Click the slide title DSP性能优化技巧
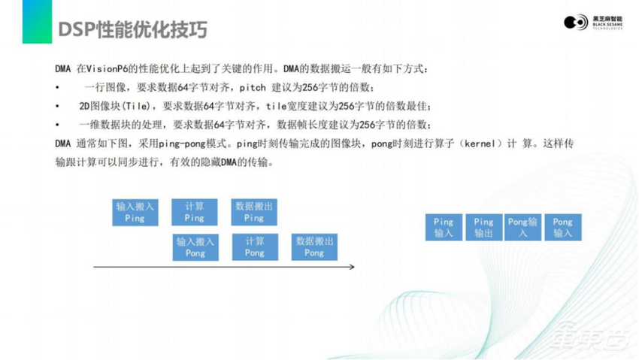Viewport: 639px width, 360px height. pos(132,29)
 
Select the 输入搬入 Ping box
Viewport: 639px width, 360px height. pos(135,212)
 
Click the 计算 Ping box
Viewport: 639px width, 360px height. pos(194,212)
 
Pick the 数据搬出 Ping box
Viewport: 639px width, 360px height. pos(254,212)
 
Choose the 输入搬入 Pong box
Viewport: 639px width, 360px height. pos(195,247)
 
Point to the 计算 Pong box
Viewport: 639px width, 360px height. pos(254,247)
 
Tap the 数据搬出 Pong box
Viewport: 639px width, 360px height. pos(314,247)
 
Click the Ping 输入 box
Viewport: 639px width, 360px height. pos(444,228)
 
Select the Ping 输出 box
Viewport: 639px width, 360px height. pos(483,228)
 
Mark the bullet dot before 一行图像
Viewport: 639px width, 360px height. pos(58,88)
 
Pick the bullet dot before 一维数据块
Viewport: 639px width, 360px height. pos(58,124)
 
